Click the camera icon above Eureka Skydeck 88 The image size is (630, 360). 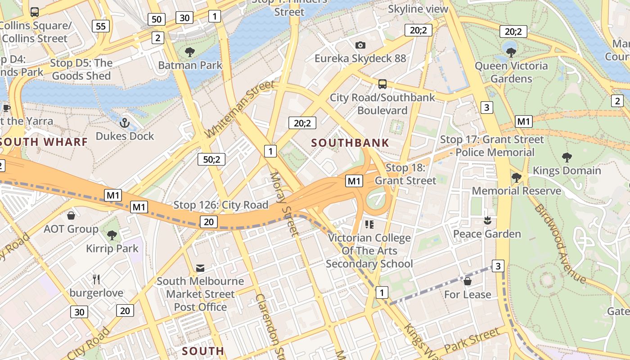point(360,45)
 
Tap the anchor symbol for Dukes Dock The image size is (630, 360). point(125,123)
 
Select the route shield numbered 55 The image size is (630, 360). point(101,26)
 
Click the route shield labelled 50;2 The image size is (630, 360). point(211,159)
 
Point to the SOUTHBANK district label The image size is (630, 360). point(350,143)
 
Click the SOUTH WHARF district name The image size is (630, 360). point(44,142)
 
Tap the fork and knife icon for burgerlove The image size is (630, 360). point(96,279)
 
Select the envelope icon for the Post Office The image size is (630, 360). point(200,268)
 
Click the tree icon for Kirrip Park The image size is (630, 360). point(112,235)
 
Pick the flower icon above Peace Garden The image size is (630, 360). point(486,220)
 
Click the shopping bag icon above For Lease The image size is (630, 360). point(468,281)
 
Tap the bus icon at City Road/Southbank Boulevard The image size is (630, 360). point(382,84)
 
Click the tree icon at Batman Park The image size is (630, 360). point(190,52)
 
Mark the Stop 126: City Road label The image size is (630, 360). point(220,205)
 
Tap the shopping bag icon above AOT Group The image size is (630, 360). point(71,216)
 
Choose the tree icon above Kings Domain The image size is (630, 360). point(567,157)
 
